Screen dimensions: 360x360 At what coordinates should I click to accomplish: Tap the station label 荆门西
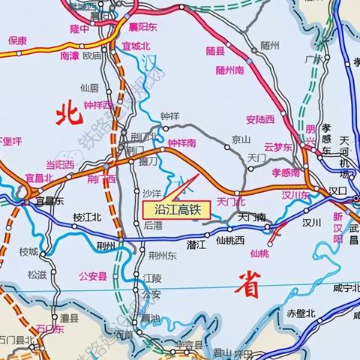(100, 179)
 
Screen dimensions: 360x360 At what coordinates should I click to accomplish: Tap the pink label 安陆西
(260, 118)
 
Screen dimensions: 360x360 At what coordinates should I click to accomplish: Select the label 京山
(240, 139)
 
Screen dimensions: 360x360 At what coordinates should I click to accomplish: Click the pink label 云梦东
(277, 148)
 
